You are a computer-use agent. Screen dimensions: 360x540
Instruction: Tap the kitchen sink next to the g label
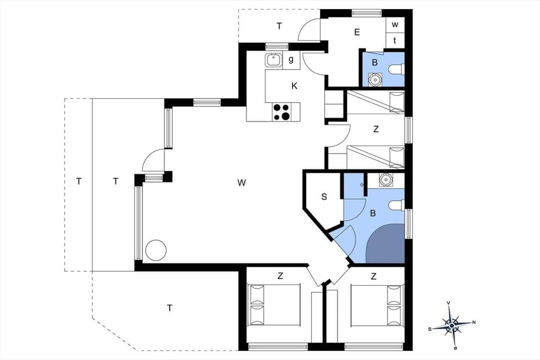point(274,60)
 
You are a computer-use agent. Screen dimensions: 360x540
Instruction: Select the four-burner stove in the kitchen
point(282,112)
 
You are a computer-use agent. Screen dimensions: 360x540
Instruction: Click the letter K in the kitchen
point(294,86)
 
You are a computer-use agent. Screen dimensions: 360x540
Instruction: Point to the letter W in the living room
point(241,182)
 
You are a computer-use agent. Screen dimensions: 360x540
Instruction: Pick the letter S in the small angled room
point(324,197)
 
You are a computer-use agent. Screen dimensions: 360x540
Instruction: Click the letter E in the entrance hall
point(357,32)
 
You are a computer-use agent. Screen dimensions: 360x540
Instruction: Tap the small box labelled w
point(395,25)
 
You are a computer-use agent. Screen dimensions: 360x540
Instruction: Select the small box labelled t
point(395,40)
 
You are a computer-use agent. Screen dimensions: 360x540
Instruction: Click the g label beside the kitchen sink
point(291,60)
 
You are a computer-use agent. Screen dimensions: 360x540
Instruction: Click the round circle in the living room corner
point(156,250)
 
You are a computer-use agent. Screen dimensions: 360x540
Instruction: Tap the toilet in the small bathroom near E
point(397,70)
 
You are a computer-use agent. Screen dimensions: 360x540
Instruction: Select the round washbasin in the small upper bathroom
point(375,80)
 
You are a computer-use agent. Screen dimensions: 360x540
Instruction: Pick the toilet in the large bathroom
point(397,205)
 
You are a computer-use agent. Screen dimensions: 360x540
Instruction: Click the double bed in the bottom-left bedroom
point(274,305)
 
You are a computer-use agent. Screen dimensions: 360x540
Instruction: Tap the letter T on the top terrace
point(279,26)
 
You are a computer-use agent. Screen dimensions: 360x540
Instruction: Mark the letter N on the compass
point(474,322)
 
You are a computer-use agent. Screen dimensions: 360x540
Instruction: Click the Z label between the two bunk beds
point(376,129)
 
